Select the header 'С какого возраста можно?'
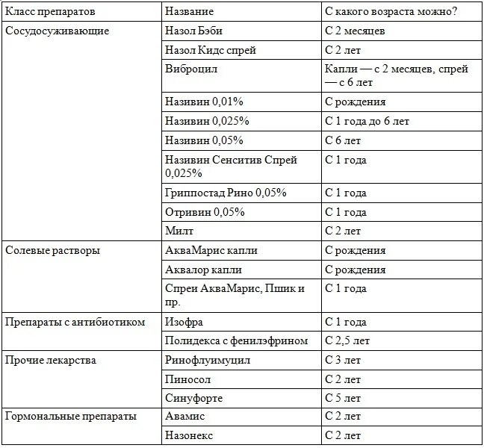click(x=391, y=13)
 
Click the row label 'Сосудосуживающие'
click(x=57, y=31)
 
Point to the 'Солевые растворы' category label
click(x=52, y=250)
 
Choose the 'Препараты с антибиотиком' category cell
click(x=74, y=322)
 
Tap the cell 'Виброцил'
click(x=190, y=69)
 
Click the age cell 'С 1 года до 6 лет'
click(x=367, y=120)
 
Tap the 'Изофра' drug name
click(x=184, y=322)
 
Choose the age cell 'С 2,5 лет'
click(x=348, y=341)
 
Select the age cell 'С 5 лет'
click(x=343, y=398)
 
